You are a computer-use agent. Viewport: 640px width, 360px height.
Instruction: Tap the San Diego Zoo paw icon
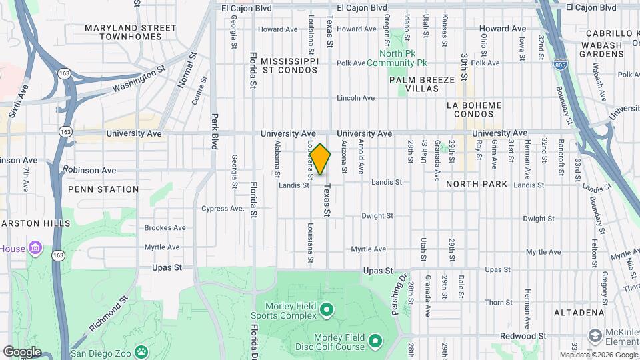tap(141, 351)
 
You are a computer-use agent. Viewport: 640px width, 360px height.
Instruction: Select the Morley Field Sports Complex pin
tap(326, 309)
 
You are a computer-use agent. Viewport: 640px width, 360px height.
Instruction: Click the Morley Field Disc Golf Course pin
tap(375, 341)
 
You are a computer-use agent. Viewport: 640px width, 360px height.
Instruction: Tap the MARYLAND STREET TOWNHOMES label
tap(130, 33)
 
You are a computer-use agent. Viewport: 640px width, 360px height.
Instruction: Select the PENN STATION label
tap(103, 189)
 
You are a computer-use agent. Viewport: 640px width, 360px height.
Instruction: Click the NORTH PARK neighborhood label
tap(477, 183)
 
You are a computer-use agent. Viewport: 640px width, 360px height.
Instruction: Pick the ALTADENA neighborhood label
tap(578, 313)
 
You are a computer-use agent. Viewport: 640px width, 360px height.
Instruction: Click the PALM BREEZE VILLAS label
tap(422, 84)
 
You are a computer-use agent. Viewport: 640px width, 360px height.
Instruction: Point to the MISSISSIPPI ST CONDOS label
tap(289, 65)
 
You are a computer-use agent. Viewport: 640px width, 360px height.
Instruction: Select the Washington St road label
tap(139, 78)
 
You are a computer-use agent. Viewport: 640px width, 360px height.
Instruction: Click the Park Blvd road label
tap(215, 131)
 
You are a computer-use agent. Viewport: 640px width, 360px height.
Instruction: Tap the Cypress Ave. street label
tap(223, 208)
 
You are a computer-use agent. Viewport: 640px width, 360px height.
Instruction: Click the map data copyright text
tap(598, 355)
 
